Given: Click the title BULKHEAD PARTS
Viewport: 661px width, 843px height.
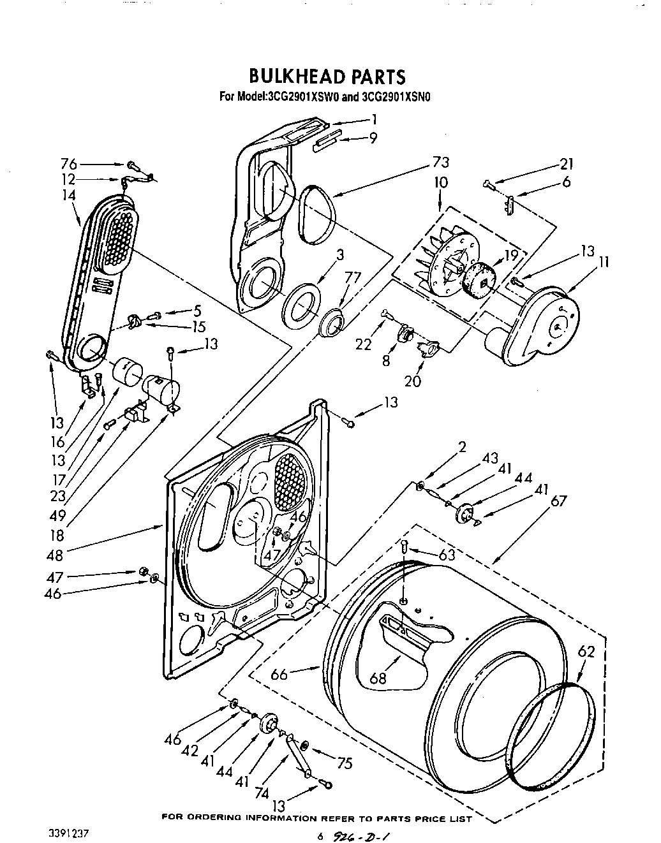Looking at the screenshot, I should point(326,77).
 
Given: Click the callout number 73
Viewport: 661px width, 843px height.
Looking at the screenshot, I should point(440,162).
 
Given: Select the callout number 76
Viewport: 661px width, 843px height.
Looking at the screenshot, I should point(69,163).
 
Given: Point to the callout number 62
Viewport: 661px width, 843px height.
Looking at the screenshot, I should point(586,652).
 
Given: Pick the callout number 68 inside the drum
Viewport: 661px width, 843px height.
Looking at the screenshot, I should point(378,677).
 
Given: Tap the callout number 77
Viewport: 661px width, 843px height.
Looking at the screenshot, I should point(352,278).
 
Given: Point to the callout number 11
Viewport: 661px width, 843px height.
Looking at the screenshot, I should point(604,261).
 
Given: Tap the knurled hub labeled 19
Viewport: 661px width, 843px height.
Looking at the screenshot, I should point(480,280).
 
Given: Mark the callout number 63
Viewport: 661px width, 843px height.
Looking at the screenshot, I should point(447,555).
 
